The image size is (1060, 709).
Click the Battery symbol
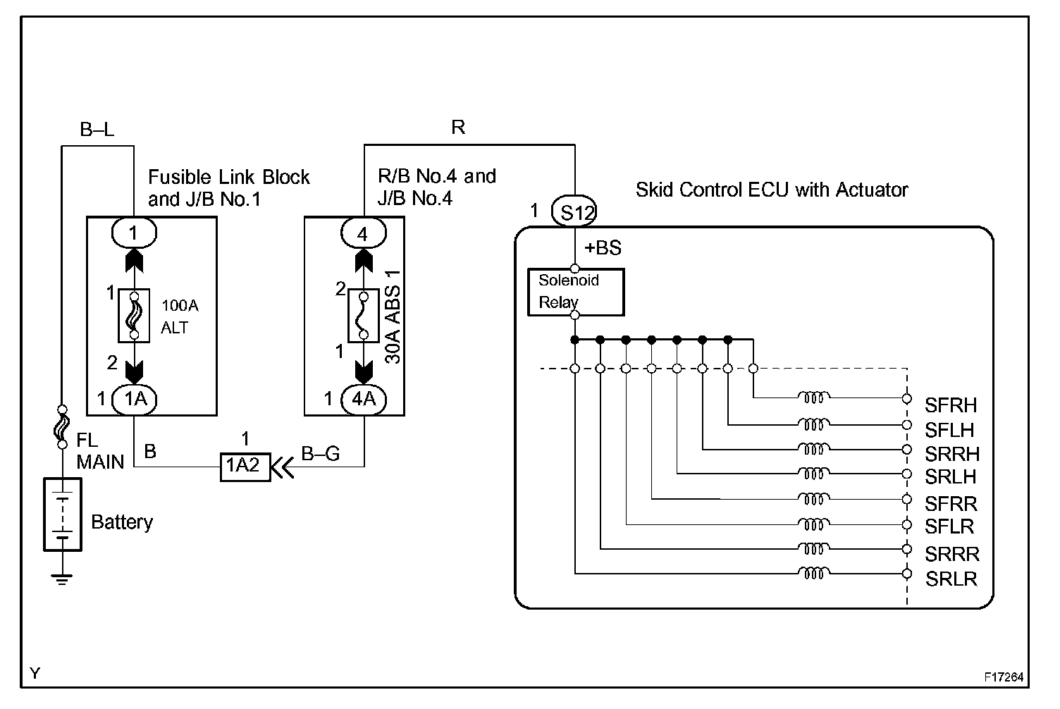point(63,514)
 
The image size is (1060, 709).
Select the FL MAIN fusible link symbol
point(62,426)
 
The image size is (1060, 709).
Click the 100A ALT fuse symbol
point(134,315)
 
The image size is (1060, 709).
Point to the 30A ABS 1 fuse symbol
point(364,315)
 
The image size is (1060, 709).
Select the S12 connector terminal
point(576,212)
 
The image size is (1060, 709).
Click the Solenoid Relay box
point(575,291)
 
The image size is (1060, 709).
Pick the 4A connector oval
point(364,399)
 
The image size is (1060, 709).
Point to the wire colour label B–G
point(321,454)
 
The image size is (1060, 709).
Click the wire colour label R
point(458,128)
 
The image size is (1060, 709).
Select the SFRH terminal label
point(951,405)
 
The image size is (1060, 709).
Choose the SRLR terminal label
point(951,579)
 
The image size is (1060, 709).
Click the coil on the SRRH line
point(813,448)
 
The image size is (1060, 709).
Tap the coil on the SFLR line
point(813,524)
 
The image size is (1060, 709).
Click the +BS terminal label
point(603,248)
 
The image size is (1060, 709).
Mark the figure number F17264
point(1004,677)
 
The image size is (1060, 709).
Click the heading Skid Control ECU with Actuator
point(772,190)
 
